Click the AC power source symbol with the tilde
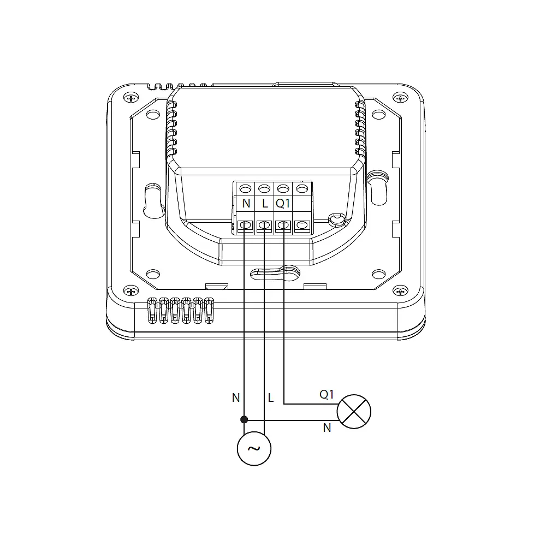click(x=254, y=448)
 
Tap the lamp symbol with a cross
click(x=354, y=412)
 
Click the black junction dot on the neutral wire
click(x=244, y=419)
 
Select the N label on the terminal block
click(x=246, y=203)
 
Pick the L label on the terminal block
click(x=265, y=203)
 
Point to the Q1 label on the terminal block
click(x=283, y=203)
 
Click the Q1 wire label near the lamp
click(x=327, y=394)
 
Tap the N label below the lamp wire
click(x=327, y=428)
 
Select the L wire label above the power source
click(x=271, y=397)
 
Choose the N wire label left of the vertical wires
click(x=236, y=397)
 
